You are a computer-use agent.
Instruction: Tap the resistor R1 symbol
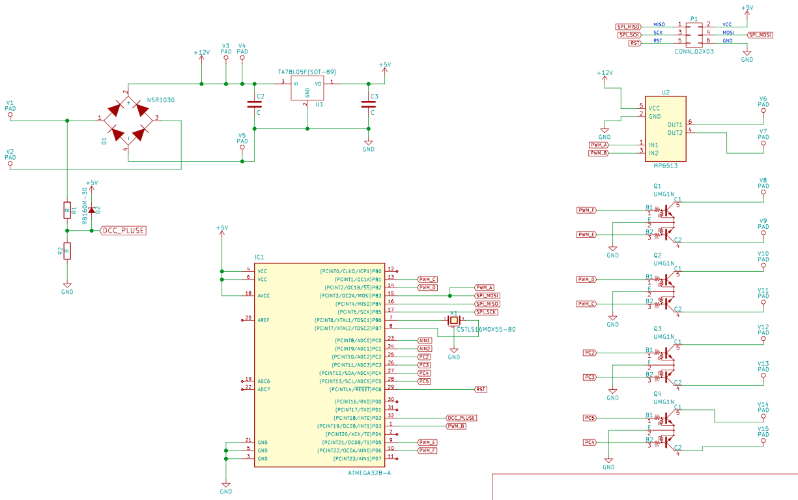[x=66, y=209]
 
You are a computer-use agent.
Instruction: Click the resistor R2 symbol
[x=66, y=251]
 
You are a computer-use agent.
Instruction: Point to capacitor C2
[x=253, y=104]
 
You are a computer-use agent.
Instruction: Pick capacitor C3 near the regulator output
[x=368, y=104]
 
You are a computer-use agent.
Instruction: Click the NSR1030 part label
[x=160, y=100]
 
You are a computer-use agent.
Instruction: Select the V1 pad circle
[x=10, y=115]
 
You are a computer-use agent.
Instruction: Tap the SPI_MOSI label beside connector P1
[x=760, y=35]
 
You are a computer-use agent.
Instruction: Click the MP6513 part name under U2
[x=666, y=166]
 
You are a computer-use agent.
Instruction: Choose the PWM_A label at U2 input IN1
[x=599, y=145]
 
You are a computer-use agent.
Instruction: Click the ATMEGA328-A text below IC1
[x=369, y=473]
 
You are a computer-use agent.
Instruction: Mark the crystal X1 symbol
[x=454, y=319]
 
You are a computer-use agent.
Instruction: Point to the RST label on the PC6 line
[x=481, y=389]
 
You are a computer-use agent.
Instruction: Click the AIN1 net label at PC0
[x=425, y=340]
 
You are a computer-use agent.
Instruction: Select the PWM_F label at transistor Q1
[x=587, y=210]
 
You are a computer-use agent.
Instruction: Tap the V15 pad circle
[x=763, y=441]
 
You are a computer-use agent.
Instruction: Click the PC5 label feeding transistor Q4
[x=590, y=418]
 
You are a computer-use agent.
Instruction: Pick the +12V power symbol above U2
[x=605, y=74]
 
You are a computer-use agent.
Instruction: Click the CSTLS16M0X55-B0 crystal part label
[x=486, y=330]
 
